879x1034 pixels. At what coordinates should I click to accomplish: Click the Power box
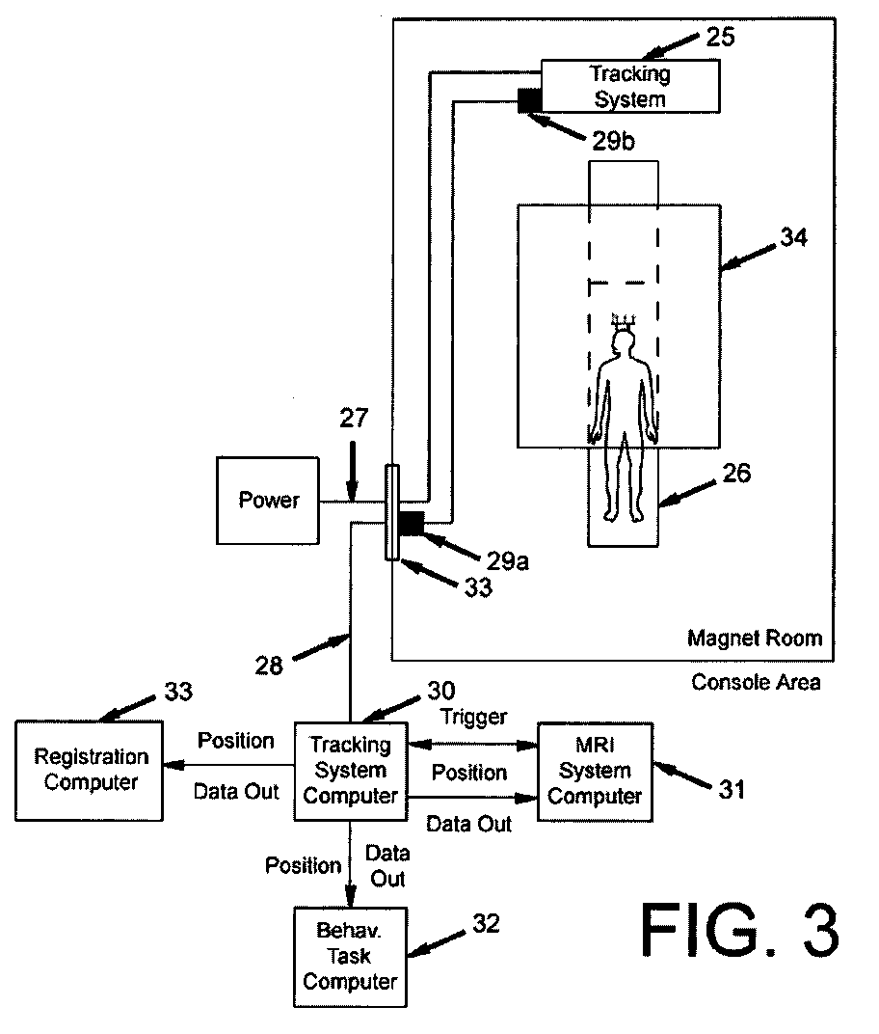(x=269, y=502)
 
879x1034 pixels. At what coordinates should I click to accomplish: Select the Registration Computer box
(x=92, y=770)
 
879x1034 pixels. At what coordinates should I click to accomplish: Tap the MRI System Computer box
(x=595, y=771)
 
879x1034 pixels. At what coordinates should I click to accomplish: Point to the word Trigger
(x=472, y=718)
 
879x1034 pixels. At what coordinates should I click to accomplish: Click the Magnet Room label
(x=755, y=638)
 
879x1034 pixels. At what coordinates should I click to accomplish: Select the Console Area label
(x=757, y=682)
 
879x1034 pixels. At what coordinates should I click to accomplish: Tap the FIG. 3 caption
(x=739, y=930)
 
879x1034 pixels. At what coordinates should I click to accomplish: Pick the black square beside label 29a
(x=412, y=524)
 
